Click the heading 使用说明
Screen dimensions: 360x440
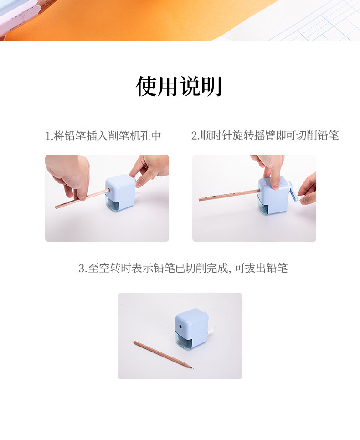pyautogui.click(x=179, y=86)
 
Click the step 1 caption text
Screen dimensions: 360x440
pyautogui.click(x=103, y=136)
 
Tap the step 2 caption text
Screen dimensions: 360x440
pyautogui.click(x=265, y=135)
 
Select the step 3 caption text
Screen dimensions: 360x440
pyautogui.click(x=183, y=268)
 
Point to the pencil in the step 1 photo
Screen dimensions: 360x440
pyautogui.click(x=81, y=199)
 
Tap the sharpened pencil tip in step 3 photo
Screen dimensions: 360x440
pyautogui.click(x=192, y=368)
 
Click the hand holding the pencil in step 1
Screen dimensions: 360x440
pyautogui.click(x=69, y=176)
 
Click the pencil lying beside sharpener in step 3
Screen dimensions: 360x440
pyautogui.click(x=164, y=355)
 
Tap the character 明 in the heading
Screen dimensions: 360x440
pyautogui.click(x=211, y=86)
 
